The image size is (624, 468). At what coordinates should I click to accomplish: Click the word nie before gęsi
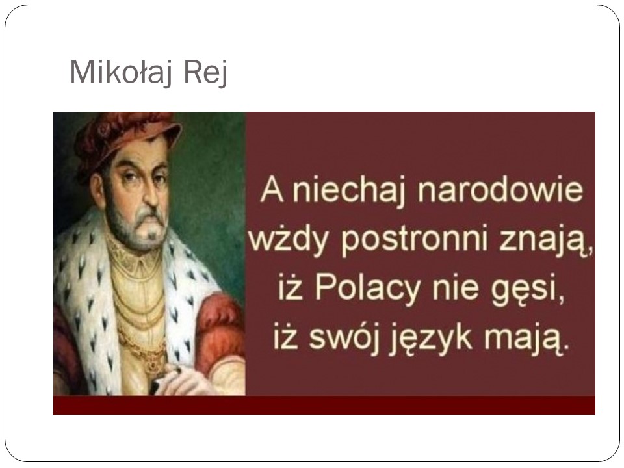(452, 291)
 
